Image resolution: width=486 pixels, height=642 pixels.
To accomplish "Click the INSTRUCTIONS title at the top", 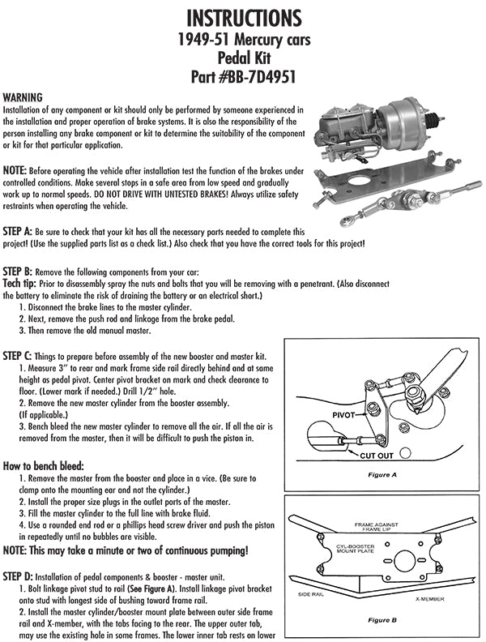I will click(x=242, y=17).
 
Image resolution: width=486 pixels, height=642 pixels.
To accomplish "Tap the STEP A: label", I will click(x=22, y=231).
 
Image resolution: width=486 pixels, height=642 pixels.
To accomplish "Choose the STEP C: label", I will click(x=22, y=356).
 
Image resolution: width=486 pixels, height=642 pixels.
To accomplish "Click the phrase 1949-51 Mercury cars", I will click(x=243, y=39).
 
